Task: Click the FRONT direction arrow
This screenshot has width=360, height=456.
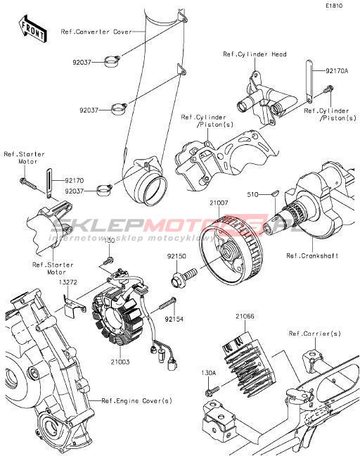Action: (x=32, y=29)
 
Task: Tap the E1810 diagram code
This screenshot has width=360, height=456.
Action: (x=334, y=6)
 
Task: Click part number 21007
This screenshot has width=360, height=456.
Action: (x=219, y=203)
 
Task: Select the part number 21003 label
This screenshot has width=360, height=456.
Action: (x=120, y=362)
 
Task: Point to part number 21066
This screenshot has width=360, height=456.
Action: (x=245, y=316)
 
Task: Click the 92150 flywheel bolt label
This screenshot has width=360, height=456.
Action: (x=176, y=256)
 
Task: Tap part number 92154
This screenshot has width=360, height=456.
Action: (x=174, y=319)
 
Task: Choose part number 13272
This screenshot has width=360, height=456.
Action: (x=68, y=282)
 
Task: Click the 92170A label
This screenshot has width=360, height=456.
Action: (x=337, y=70)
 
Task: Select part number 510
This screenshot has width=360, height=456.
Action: (x=252, y=194)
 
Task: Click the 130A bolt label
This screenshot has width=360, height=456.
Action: (x=209, y=372)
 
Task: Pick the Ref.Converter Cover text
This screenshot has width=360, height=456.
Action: (x=96, y=32)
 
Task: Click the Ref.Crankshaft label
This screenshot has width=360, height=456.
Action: (x=312, y=255)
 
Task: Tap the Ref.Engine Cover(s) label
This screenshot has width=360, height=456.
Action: (x=136, y=400)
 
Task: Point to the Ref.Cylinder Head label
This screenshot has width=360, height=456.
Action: (x=255, y=54)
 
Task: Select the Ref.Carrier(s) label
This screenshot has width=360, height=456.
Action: (x=315, y=334)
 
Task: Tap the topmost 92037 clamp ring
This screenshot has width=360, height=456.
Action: (x=112, y=61)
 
